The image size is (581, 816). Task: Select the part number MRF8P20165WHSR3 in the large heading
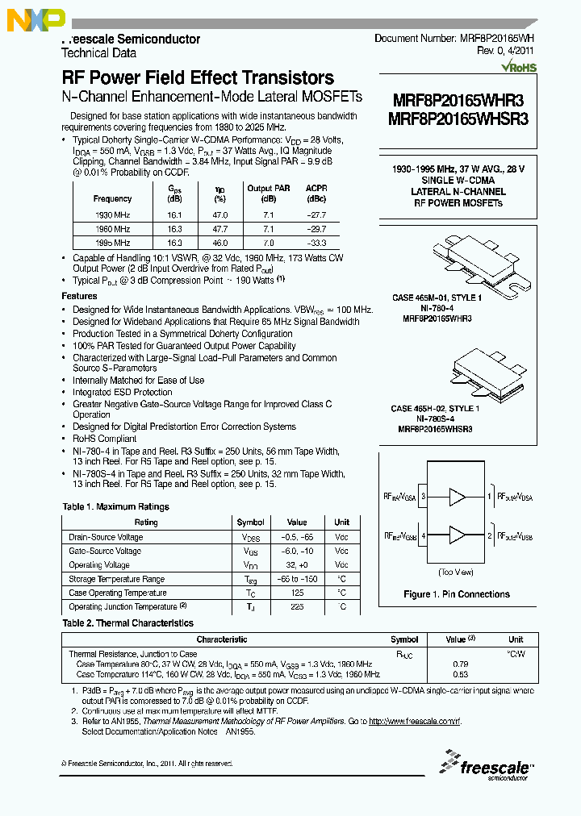pyautogui.click(x=460, y=118)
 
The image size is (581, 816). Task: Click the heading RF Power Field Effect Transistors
pyautogui.click(x=198, y=78)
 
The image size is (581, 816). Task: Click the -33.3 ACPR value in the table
pyautogui.click(x=316, y=243)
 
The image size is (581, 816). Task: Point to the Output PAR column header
pyautogui.click(x=270, y=188)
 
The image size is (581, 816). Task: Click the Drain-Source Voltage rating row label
pyautogui.click(x=106, y=537)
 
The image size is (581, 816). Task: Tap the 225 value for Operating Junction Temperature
pyautogui.click(x=296, y=606)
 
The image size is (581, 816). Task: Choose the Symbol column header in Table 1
pyautogui.click(x=250, y=522)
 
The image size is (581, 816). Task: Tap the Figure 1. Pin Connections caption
pyautogui.click(x=457, y=594)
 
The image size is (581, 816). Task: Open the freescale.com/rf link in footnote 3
pyautogui.click(x=414, y=722)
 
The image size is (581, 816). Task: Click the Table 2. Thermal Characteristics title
pyautogui.click(x=128, y=623)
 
